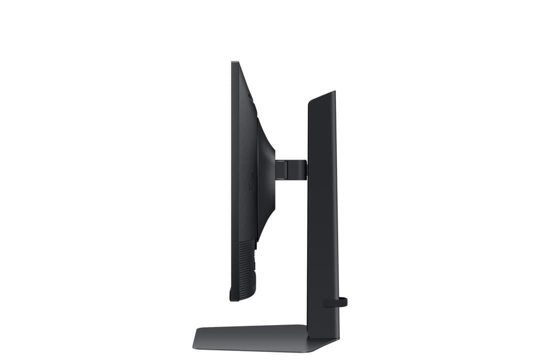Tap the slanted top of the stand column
pos(321,96)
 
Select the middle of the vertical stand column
pos(322,210)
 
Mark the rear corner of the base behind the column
pos(336,339)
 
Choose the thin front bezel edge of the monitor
pos(231,180)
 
